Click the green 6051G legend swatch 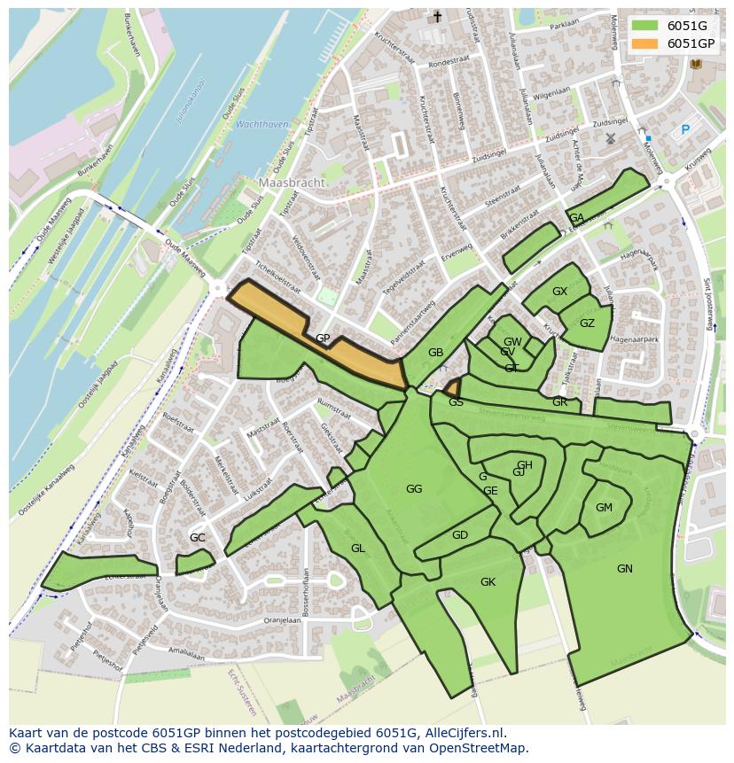[645, 26]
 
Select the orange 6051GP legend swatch [645, 43]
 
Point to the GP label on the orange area [323, 339]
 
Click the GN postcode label [625, 569]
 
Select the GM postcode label [604, 508]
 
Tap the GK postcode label [488, 582]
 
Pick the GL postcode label [357, 549]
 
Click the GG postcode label [414, 489]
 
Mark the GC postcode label [197, 538]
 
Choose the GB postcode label [435, 353]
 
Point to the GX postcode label [559, 292]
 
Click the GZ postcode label [587, 323]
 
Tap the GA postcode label [576, 218]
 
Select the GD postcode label [459, 535]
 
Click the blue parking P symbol [684, 130]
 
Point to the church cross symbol [436, 17]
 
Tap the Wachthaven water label [262, 125]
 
